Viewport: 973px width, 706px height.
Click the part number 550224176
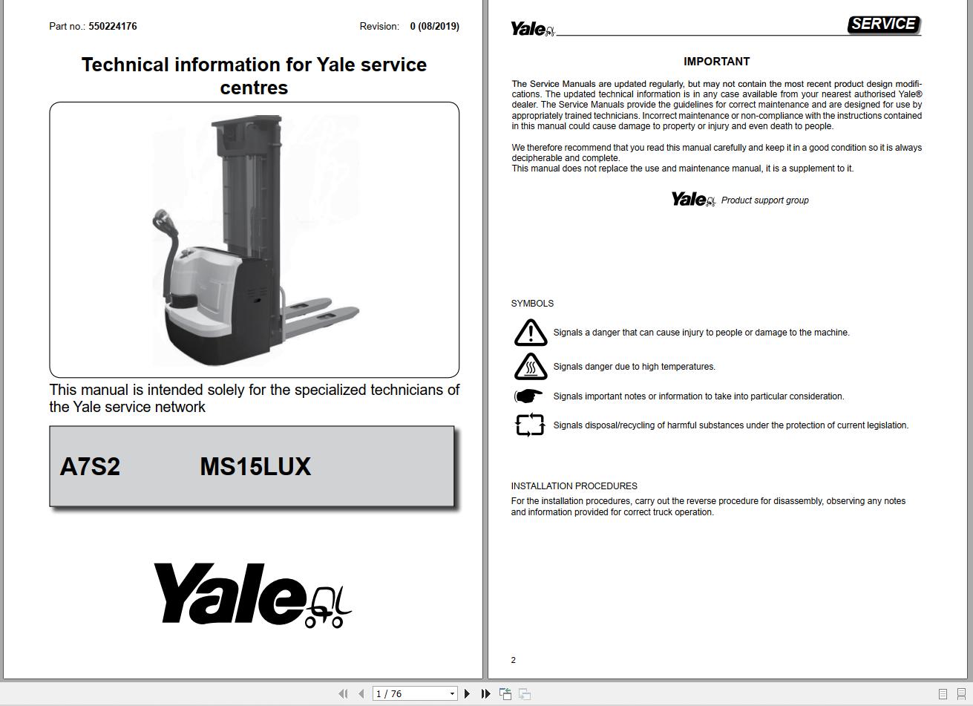pyautogui.click(x=112, y=26)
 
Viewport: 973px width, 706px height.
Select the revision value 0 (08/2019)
pyautogui.click(x=434, y=26)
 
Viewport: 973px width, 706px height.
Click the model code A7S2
pyautogui.click(x=90, y=466)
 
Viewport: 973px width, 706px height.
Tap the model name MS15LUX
pyautogui.click(x=255, y=466)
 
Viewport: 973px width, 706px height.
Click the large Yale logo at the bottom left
pyautogui.click(x=252, y=595)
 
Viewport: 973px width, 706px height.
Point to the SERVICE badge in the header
pyautogui.click(x=883, y=24)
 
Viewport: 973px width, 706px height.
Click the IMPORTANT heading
pyautogui.click(x=716, y=62)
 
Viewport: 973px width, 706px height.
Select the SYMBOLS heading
pyautogui.click(x=532, y=304)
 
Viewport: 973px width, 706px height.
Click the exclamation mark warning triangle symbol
pyautogui.click(x=530, y=333)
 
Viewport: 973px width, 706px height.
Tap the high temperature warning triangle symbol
pyautogui.click(x=530, y=366)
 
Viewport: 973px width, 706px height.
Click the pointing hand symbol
pyautogui.click(x=528, y=396)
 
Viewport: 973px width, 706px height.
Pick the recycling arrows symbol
pyautogui.click(x=529, y=425)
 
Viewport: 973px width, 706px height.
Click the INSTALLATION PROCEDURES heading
pyautogui.click(x=574, y=486)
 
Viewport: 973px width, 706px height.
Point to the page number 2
pyautogui.click(x=513, y=660)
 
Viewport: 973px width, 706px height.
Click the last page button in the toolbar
pyautogui.click(x=485, y=693)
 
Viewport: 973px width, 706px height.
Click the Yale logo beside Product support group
pyautogui.click(x=692, y=200)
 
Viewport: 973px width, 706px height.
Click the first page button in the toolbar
pyautogui.click(x=343, y=693)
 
